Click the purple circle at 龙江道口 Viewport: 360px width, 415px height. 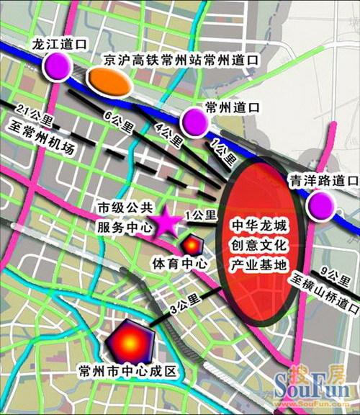click(58, 67)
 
